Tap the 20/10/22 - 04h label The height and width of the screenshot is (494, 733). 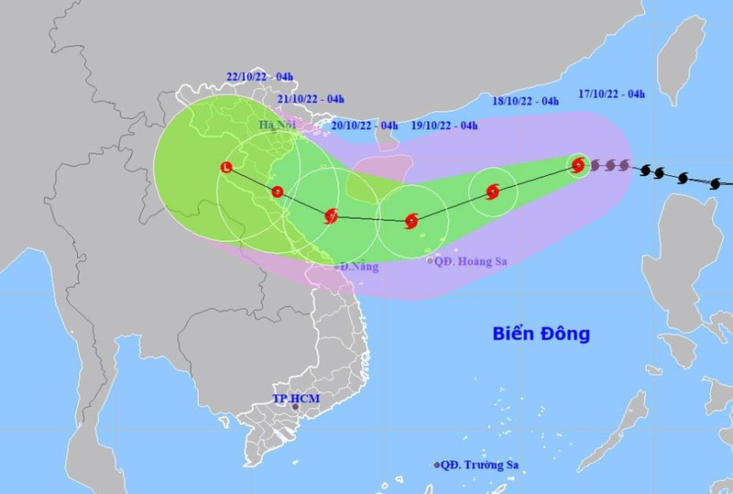pos(364,126)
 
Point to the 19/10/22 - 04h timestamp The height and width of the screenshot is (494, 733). pos(444,126)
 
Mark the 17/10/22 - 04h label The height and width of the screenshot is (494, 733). pos(612,92)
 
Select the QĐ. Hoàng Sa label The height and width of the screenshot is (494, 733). pos(473,261)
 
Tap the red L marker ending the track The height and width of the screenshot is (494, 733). pos(226,167)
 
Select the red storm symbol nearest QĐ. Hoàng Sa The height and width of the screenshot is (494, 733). pos(411,220)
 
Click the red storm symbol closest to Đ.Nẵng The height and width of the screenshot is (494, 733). pos(332,216)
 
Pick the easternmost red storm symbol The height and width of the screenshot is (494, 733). pos(577,166)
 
